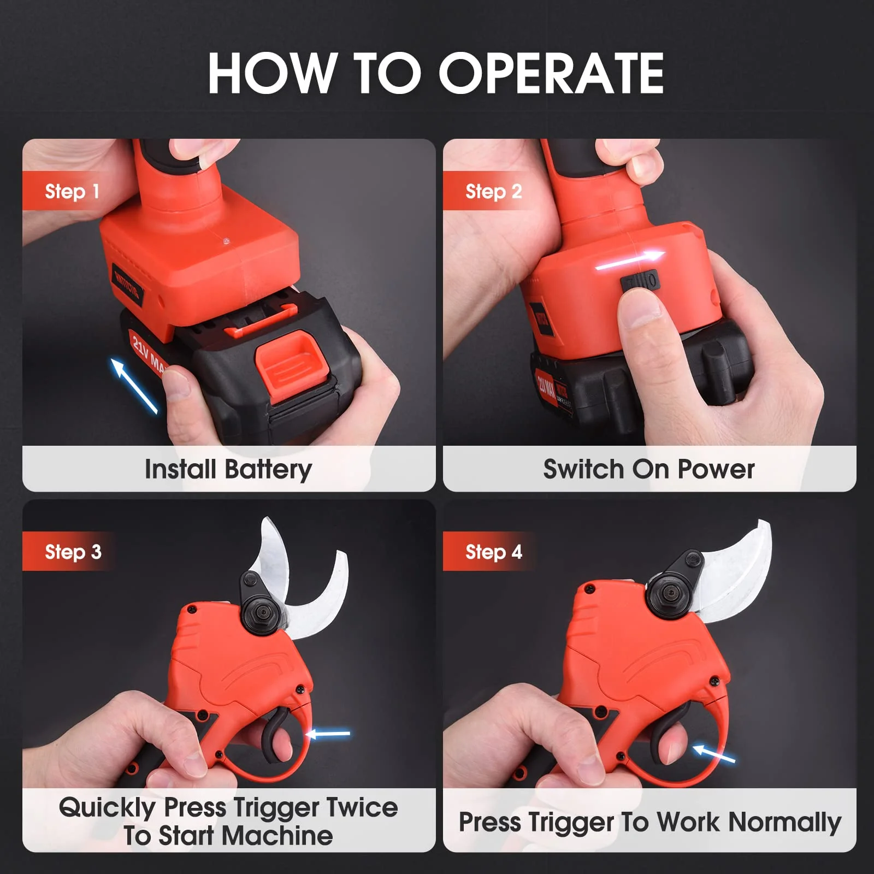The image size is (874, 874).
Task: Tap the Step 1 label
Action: point(72,191)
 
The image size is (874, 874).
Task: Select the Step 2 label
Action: point(493,191)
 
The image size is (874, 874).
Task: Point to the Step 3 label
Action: point(73,552)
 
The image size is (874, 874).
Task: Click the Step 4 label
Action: point(493,552)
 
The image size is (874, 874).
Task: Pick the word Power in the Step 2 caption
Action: point(716,469)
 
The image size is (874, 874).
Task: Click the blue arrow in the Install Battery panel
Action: point(134,385)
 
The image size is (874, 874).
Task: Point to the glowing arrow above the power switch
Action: point(630,260)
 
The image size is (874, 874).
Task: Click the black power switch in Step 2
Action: point(640,282)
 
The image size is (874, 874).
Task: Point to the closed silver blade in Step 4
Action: point(737,568)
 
